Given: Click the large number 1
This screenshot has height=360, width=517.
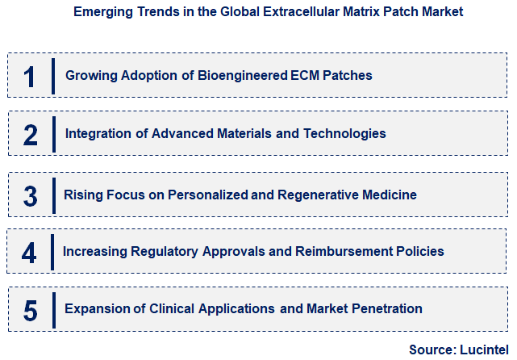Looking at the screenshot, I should (x=30, y=77).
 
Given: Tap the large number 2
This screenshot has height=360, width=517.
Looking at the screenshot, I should (x=30, y=135).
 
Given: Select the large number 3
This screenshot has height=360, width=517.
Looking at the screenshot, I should (x=30, y=196).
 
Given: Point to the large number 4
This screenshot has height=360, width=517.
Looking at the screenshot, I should (x=29, y=252).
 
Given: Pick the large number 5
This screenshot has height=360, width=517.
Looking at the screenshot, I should (x=30, y=309).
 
